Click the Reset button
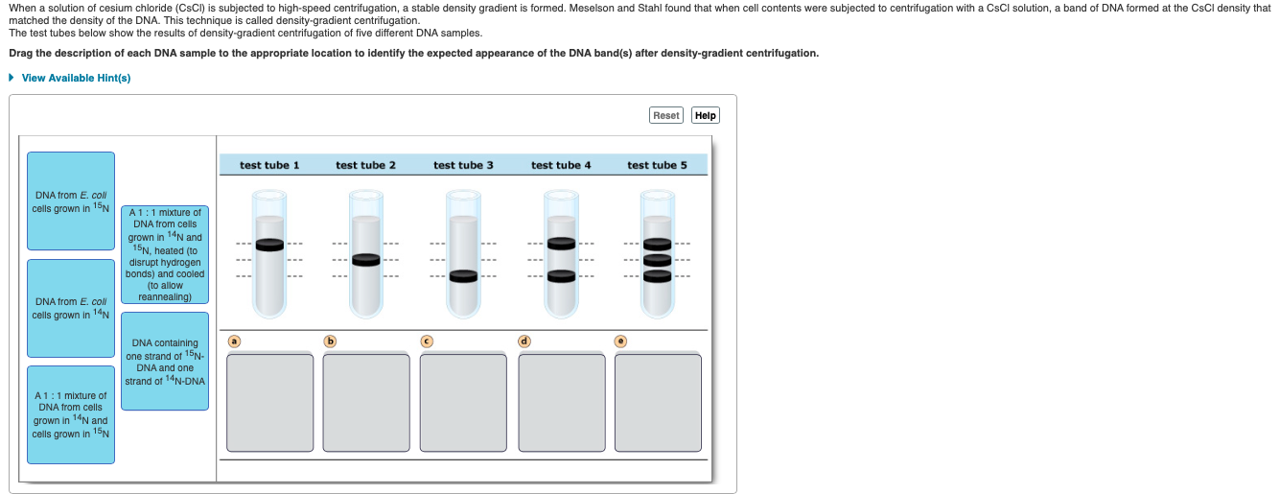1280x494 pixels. [x=665, y=115]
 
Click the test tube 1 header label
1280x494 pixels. [x=269, y=165]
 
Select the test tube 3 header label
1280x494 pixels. [x=463, y=165]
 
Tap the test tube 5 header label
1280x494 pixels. [x=657, y=165]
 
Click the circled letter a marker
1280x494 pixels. [x=233, y=341]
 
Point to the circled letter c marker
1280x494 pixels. [x=428, y=341]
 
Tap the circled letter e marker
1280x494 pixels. [x=621, y=341]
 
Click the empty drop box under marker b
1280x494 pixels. [x=366, y=402]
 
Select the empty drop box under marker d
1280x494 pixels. [x=561, y=402]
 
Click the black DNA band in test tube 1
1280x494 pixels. [x=270, y=244]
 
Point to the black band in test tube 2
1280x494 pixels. [x=366, y=259]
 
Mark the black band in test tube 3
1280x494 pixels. [x=463, y=276]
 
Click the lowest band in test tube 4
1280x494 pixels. [x=561, y=276]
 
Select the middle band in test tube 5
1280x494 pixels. [x=657, y=260]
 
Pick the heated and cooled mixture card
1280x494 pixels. [x=165, y=254]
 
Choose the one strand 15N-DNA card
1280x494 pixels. [x=165, y=362]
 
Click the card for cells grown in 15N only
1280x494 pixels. [x=71, y=201]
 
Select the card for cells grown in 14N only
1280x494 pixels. [x=71, y=308]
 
